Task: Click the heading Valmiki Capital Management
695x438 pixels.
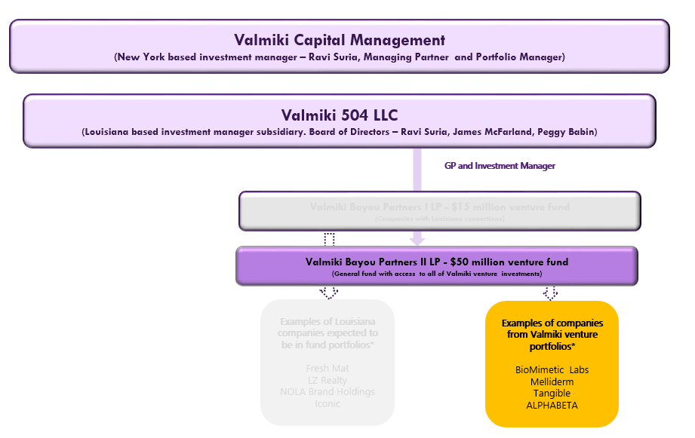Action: click(x=339, y=40)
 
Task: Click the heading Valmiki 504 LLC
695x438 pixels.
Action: click(x=339, y=115)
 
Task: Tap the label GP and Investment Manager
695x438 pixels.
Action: click(x=500, y=166)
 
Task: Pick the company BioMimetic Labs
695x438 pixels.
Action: click(x=552, y=369)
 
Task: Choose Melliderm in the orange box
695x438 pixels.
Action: click(x=552, y=381)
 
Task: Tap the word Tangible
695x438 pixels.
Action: click(x=552, y=393)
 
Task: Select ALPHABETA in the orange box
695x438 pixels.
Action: click(x=552, y=405)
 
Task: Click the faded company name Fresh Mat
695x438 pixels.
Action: click(x=328, y=368)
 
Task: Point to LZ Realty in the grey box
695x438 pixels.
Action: click(x=328, y=380)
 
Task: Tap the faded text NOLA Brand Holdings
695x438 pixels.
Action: click(x=328, y=391)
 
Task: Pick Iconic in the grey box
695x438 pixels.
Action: click(x=328, y=403)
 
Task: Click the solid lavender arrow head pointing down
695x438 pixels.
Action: click(x=417, y=240)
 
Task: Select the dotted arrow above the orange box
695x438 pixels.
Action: click(x=550, y=293)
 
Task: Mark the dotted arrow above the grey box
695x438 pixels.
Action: click(x=329, y=293)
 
